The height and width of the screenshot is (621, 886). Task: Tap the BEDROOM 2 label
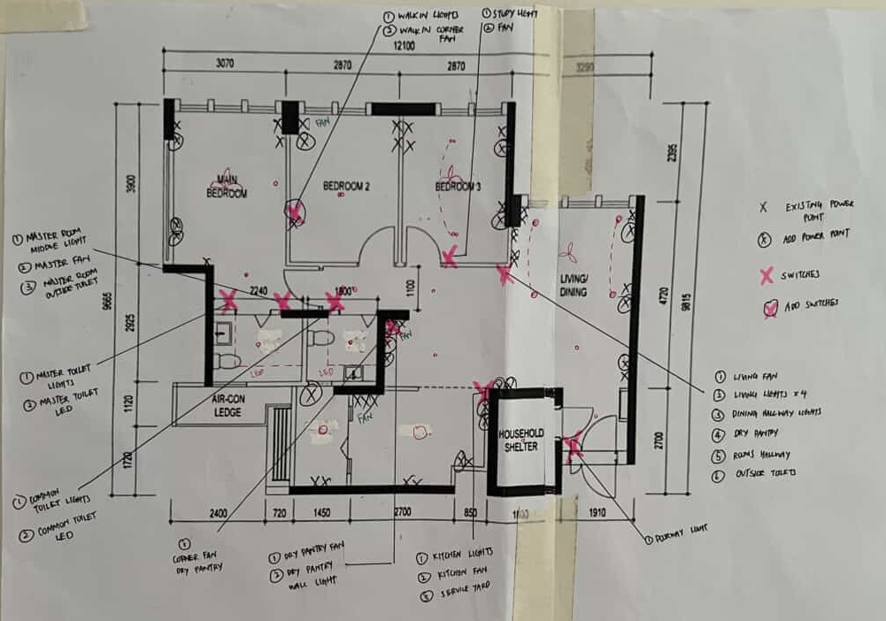[345, 187]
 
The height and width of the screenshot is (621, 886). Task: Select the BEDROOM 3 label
[458, 188]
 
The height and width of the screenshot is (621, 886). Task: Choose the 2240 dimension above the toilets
[258, 290]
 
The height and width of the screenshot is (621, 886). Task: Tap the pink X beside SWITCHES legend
[767, 272]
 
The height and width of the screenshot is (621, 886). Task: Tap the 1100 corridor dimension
[410, 287]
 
